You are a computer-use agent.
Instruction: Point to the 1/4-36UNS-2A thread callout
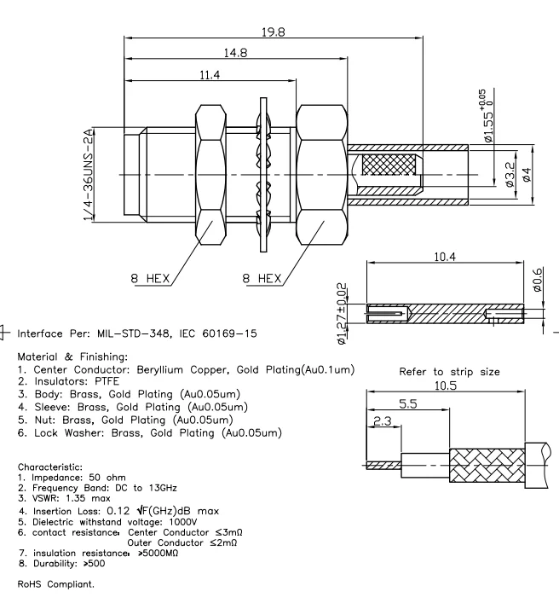coord(89,175)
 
